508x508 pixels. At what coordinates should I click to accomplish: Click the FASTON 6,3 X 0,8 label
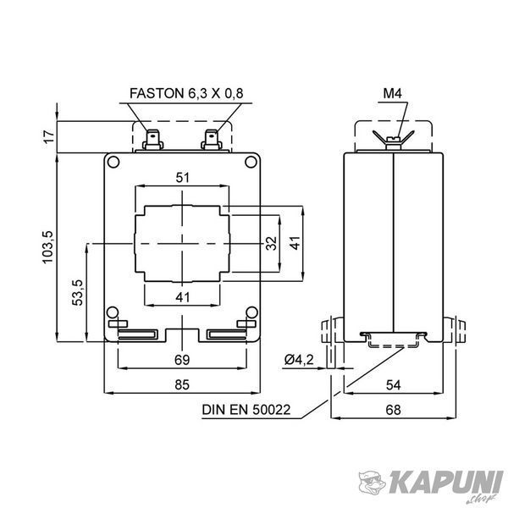pyautogui.click(x=186, y=93)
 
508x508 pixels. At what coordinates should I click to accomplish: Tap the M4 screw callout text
pyautogui.click(x=393, y=93)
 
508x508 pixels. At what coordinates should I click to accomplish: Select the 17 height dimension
pyautogui.click(x=49, y=137)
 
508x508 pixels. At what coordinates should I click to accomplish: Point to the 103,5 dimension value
pyautogui.click(x=47, y=247)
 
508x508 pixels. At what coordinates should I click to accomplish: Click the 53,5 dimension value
pyautogui.click(x=77, y=292)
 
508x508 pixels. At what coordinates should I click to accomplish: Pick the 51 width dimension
pyautogui.click(x=182, y=178)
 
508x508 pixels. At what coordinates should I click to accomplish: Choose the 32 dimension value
pyautogui.click(x=272, y=243)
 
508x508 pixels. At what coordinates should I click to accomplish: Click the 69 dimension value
pyautogui.click(x=182, y=360)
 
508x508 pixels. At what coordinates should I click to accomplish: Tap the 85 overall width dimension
pyautogui.click(x=182, y=384)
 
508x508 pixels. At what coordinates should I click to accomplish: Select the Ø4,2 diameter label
pyautogui.click(x=299, y=360)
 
